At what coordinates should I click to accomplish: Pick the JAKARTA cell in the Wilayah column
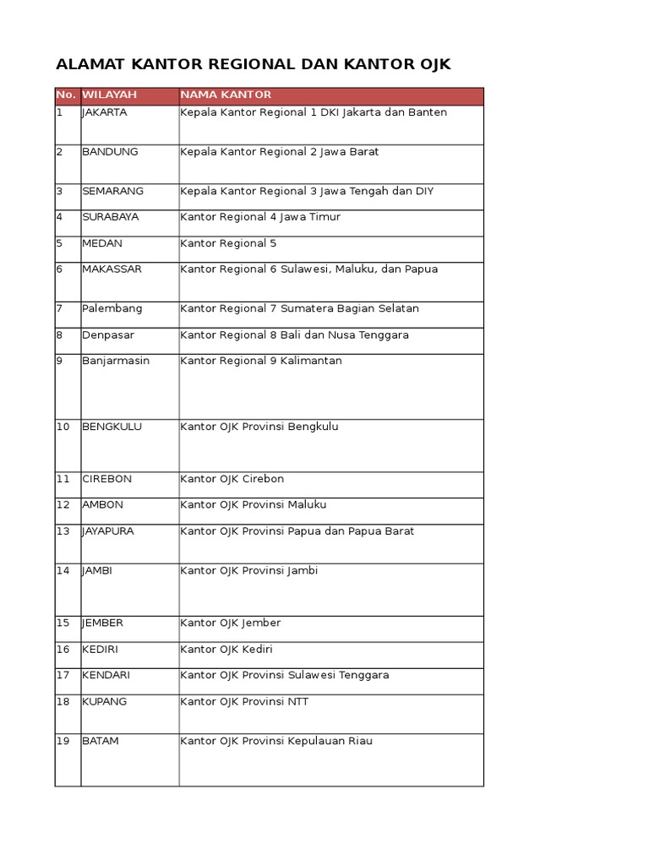(105, 113)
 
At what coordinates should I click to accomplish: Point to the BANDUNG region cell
(110, 153)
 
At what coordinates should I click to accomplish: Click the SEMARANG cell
(112, 192)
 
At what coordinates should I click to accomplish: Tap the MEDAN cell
(102, 244)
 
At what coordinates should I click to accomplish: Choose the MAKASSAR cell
(112, 270)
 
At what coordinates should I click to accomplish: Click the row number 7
(60, 309)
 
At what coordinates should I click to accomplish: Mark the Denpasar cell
(108, 335)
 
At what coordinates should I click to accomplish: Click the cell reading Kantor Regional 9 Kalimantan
(261, 362)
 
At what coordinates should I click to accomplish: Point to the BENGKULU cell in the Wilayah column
(112, 427)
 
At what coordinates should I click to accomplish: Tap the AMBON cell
(102, 506)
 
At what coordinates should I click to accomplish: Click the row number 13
(63, 532)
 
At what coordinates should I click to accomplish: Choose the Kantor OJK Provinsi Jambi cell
(249, 571)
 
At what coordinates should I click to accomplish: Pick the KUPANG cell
(104, 702)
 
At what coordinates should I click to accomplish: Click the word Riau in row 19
(359, 742)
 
